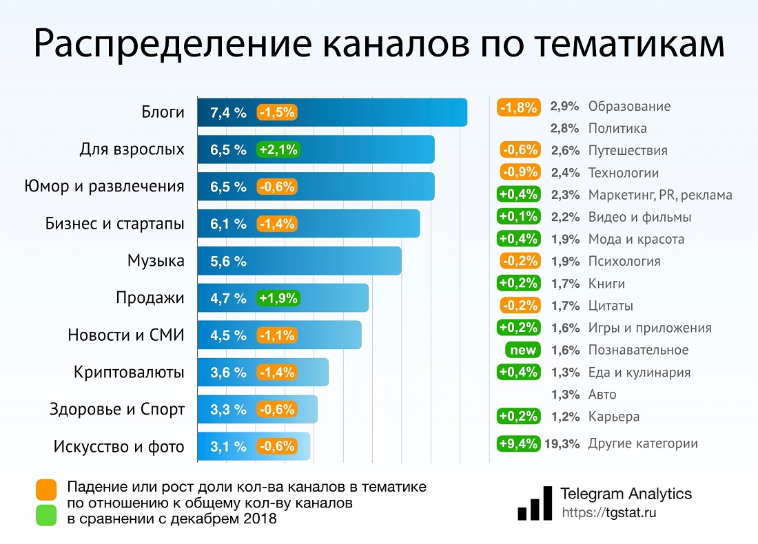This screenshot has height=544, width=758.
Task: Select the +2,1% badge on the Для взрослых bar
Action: coord(278,149)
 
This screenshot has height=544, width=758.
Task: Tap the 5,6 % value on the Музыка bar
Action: coord(228,261)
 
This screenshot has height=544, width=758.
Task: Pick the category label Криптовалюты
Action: coord(129,373)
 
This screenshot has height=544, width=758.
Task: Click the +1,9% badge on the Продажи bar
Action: coord(278,298)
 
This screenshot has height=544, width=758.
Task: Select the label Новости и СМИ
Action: coord(126,335)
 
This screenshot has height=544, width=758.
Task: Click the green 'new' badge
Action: coord(523,350)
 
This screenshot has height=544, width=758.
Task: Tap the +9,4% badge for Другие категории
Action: coord(518,443)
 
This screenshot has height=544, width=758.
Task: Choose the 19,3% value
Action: coord(562,443)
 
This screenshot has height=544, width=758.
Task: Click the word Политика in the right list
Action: coord(617,128)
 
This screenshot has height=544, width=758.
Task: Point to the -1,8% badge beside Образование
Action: coord(518,107)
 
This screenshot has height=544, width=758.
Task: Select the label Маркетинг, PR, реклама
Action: coord(659,195)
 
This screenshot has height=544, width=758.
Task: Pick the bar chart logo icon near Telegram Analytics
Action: coord(535,503)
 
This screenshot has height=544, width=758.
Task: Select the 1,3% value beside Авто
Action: coord(564,395)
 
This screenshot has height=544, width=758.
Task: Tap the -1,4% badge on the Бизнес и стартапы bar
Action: coord(278,224)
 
